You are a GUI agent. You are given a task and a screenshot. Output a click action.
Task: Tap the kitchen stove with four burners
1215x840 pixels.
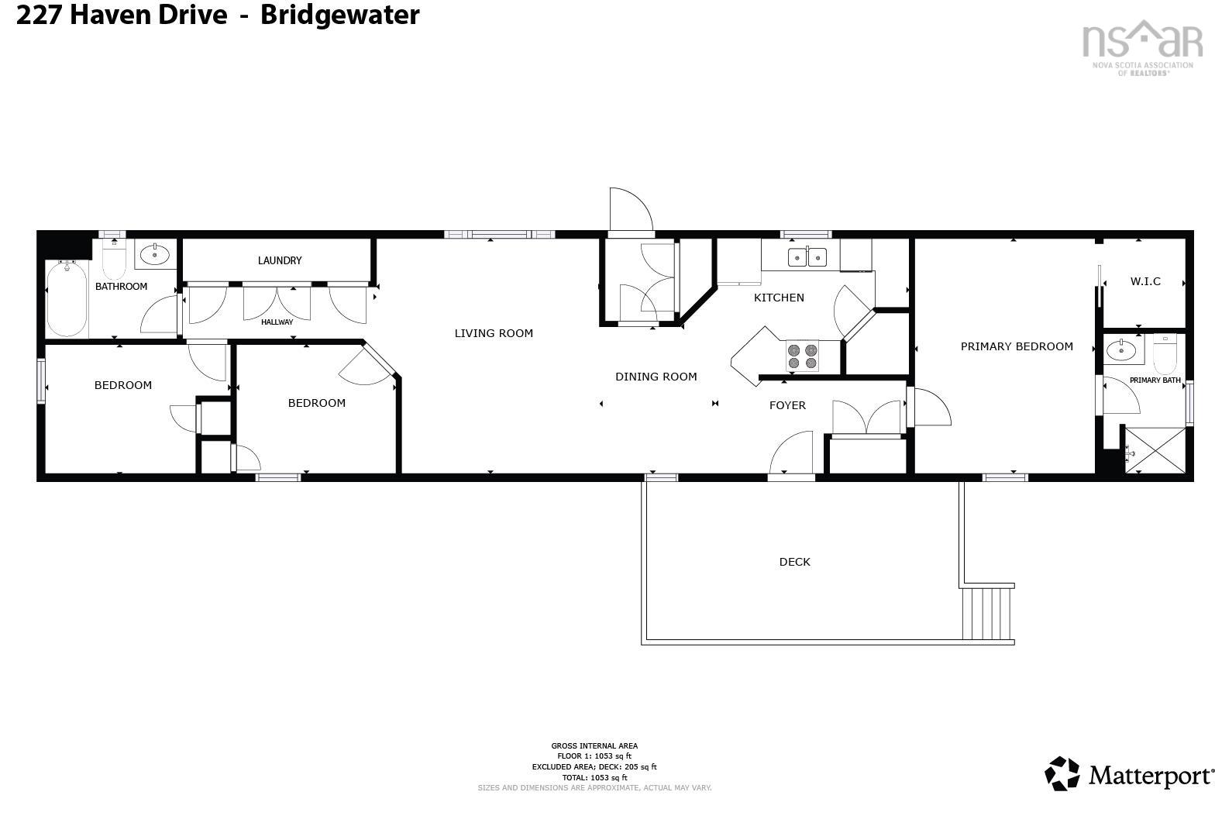(x=802, y=356)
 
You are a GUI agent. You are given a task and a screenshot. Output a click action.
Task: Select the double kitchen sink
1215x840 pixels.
(x=807, y=256)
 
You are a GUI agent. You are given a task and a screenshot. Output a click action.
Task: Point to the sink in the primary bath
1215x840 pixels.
(x=1120, y=350)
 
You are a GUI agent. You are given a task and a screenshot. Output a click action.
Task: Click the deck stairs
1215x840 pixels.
(x=987, y=613)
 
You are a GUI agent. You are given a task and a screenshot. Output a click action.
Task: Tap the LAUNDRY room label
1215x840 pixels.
(x=280, y=260)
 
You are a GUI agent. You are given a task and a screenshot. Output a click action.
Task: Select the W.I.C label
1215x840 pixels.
(x=1145, y=281)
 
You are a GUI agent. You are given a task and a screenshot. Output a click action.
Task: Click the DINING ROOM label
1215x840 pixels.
(x=656, y=377)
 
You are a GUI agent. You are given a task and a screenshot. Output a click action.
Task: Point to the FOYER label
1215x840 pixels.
(x=787, y=405)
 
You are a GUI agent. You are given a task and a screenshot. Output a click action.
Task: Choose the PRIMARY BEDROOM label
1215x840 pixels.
(x=1017, y=346)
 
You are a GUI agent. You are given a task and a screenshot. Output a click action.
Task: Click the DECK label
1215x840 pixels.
(x=794, y=562)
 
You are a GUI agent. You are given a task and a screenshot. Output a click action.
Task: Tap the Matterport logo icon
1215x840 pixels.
(x=1062, y=773)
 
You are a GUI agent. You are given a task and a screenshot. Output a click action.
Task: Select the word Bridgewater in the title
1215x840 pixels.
(x=339, y=15)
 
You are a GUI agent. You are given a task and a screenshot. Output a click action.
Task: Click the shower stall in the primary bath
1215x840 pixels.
(x=1154, y=449)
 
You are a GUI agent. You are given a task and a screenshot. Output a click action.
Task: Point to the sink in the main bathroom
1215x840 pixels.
(x=155, y=253)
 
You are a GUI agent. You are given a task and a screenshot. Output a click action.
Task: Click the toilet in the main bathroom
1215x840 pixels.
(x=114, y=260)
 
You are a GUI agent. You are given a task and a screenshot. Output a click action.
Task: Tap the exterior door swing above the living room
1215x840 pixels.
(x=629, y=209)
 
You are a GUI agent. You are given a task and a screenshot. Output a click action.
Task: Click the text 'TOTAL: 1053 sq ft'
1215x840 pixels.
(x=594, y=777)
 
